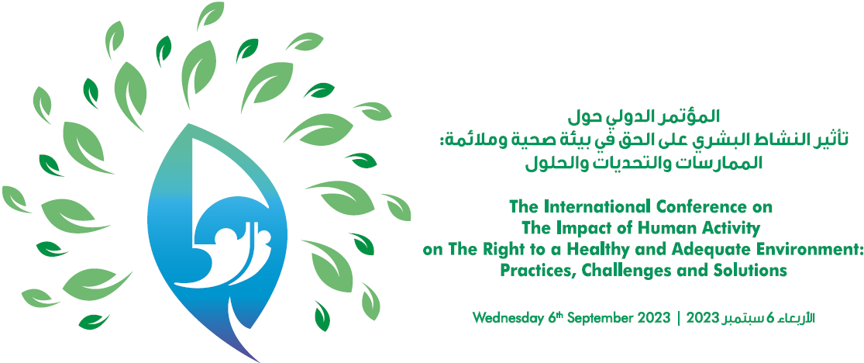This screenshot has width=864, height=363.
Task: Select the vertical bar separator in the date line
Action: pyautogui.click(x=679, y=318)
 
